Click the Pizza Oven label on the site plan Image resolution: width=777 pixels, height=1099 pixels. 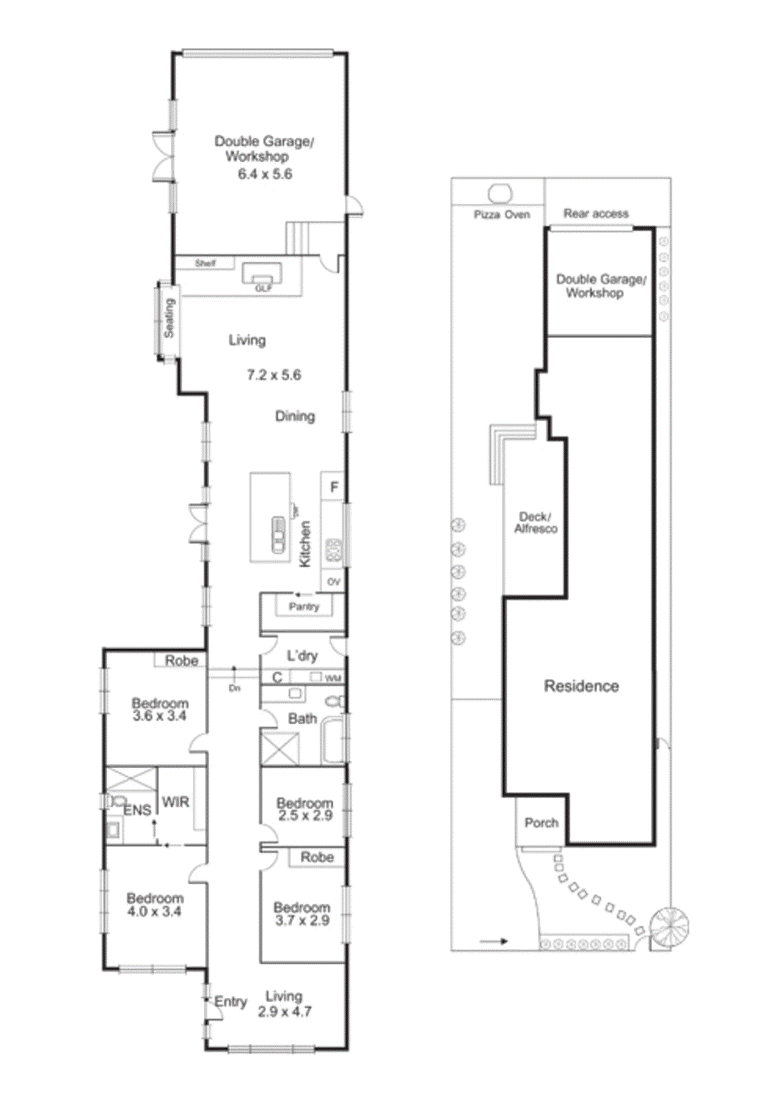tap(502, 214)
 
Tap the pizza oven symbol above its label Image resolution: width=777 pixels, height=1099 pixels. tap(500, 194)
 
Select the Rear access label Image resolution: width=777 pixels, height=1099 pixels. tap(596, 214)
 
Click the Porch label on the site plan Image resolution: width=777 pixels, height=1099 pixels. tap(541, 822)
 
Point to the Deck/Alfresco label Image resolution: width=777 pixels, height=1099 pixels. tap(536, 522)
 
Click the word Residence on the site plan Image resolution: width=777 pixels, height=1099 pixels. tap(581, 686)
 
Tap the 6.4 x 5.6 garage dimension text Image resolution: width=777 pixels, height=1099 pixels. tap(265, 174)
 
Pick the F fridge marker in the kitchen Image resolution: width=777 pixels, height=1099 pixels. tap(335, 488)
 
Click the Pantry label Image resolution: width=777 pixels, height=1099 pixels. tap(304, 607)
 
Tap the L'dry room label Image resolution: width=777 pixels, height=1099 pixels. tap(302, 655)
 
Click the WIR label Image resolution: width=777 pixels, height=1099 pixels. tap(175, 802)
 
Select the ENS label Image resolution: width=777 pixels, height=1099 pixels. tap(137, 811)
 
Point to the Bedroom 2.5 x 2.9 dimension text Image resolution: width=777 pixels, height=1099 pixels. tap(305, 815)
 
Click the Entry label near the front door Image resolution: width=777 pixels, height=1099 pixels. tap(230, 1001)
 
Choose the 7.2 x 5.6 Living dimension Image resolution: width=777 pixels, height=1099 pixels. tap(274, 375)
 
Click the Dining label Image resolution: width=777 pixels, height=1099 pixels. tap(295, 416)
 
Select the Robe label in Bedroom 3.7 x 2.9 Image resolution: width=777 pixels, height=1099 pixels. tap(317, 857)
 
